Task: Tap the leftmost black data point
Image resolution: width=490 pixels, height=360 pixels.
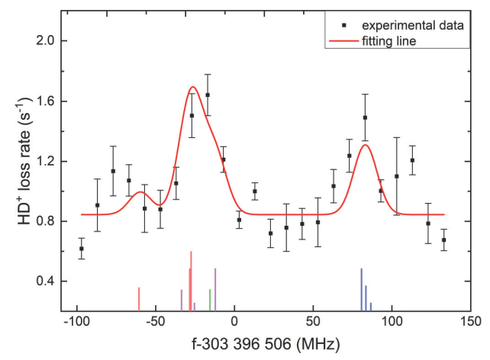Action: tap(82, 249)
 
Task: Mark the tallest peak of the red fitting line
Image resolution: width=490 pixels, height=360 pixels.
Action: tap(192, 87)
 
